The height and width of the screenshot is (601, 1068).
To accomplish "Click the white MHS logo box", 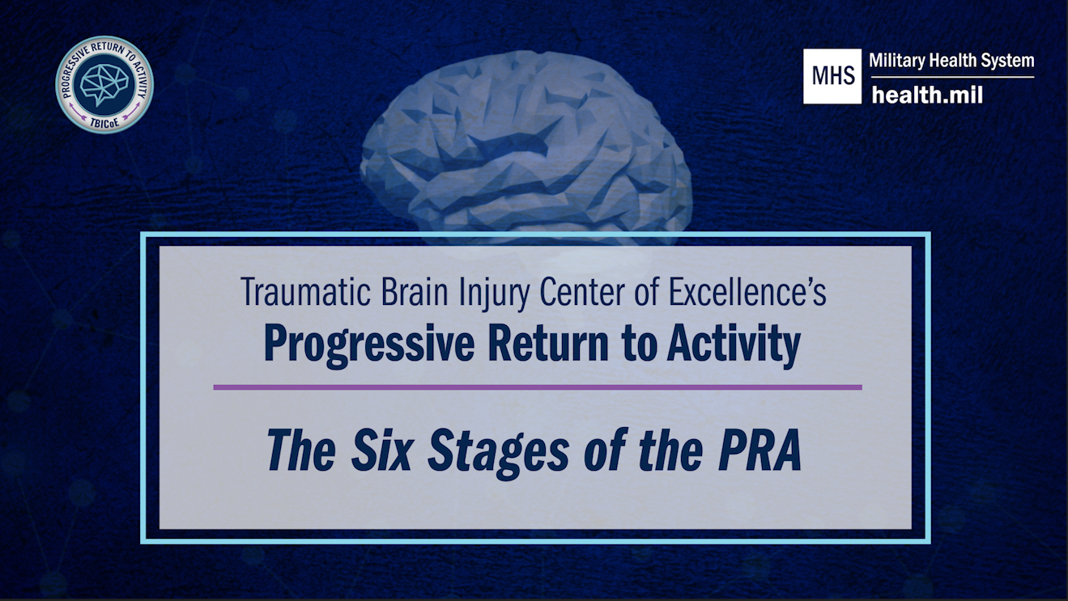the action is [x=832, y=76].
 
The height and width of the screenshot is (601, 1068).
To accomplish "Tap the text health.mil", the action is [x=927, y=95].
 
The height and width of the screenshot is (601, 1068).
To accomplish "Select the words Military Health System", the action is [x=951, y=61].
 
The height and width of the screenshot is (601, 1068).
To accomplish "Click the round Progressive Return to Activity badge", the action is [x=104, y=85].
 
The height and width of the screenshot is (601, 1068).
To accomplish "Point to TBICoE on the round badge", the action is [x=104, y=122].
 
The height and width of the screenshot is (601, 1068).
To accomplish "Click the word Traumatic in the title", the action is [x=306, y=291].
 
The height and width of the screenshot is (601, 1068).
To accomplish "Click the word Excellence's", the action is [x=747, y=291].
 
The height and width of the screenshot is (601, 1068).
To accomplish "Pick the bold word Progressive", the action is [x=369, y=345].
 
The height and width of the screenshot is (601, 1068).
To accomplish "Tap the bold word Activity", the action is [x=734, y=345].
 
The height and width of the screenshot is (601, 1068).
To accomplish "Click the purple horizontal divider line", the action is [x=538, y=387].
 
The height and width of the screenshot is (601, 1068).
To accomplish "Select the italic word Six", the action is [x=381, y=451].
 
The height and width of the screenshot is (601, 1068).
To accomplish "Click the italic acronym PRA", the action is [x=760, y=451].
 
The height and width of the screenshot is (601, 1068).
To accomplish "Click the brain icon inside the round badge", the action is [x=104, y=83].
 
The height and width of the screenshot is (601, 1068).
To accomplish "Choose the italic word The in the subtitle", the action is [x=301, y=451].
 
